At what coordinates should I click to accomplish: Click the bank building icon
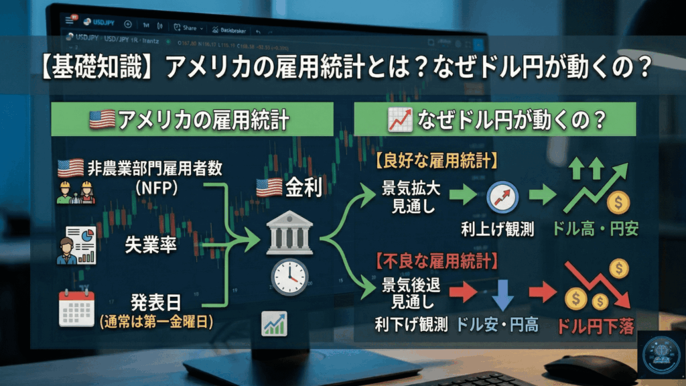(x=289, y=235)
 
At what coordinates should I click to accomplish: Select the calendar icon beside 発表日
(x=76, y=308)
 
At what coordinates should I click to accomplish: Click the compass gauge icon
(x=498, y=196)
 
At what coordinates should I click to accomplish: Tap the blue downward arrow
(x=502, y=293)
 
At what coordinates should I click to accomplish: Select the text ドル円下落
(x=595, y=326)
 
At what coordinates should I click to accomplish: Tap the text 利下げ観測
(x=411, y=325)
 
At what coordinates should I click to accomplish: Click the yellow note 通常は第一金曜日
(x=156, y=322)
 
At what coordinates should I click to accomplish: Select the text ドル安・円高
(x=497, y=325)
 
